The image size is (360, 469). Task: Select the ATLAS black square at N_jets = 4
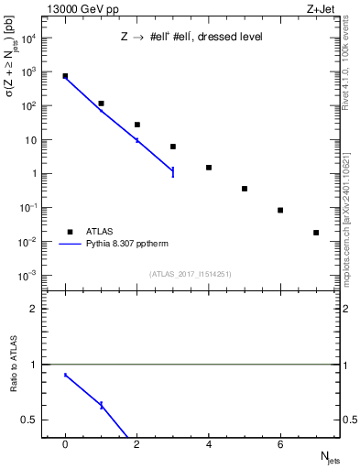(x=209, y=168)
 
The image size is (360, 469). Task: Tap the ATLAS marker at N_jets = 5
(x=245, y=189)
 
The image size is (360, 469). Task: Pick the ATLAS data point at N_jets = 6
(x=280, y=210)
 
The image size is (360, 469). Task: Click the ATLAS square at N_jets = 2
(x=137, y=125)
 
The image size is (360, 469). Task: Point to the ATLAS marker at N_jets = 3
(x=173, y=147)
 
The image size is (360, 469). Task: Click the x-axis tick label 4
(x=209, y=444)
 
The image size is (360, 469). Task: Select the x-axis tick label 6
(x=280, y=444)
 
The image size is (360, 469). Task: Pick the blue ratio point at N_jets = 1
(x=102, y=405)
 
